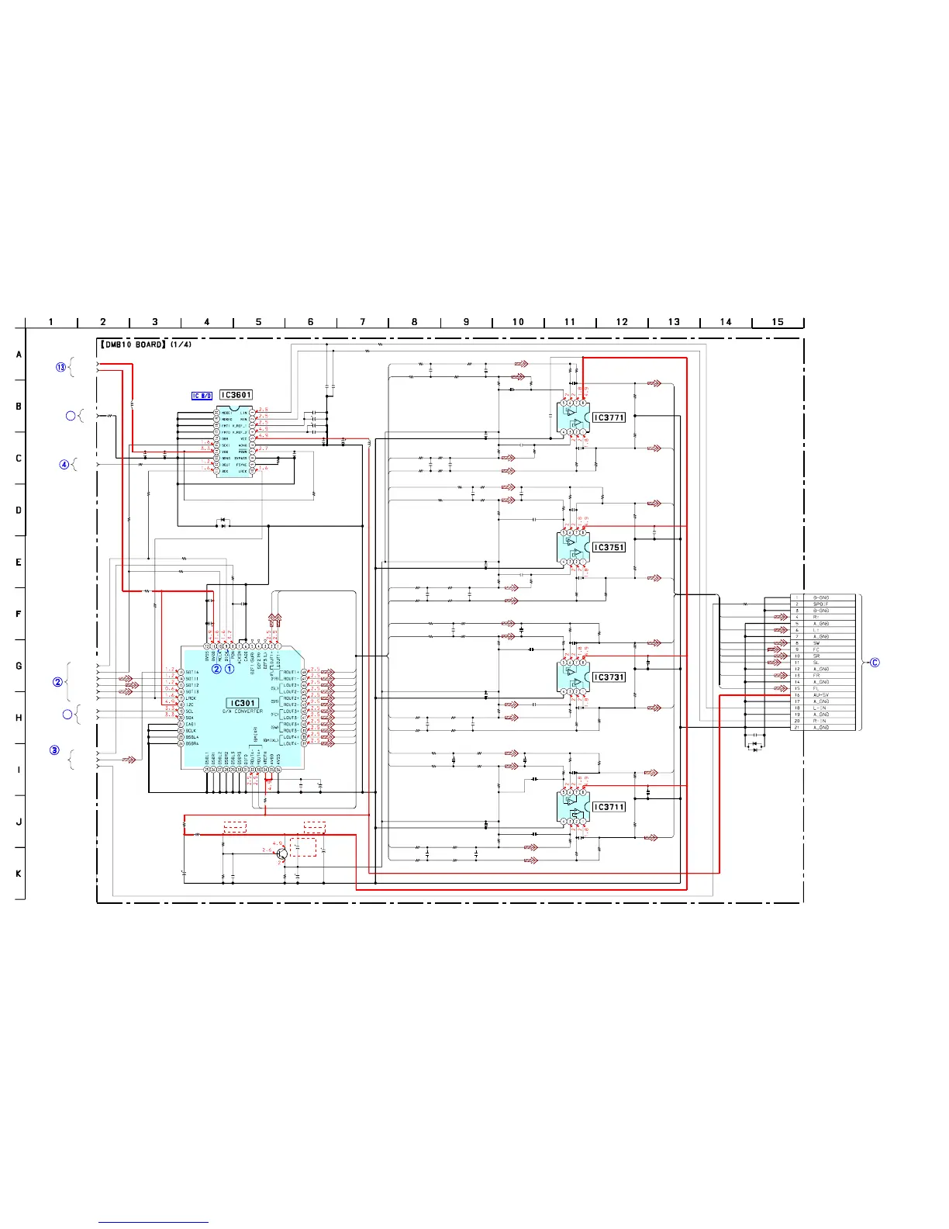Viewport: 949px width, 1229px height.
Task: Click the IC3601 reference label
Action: [x=236, y=395]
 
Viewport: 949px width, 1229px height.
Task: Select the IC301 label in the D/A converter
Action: [x=243, y=703]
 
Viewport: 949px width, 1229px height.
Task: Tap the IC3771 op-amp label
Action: [x=609, y=417]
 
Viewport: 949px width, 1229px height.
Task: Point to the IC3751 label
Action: [x=609, y=547]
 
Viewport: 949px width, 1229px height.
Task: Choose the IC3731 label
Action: [x=609, y=677]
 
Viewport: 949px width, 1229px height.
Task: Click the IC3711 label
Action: [x=609, y=807]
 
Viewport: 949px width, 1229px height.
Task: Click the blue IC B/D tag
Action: [x=202, y=396]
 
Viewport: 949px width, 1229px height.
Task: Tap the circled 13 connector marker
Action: [x=61, y=367]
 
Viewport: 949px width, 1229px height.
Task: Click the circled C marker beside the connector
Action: [x=875, y=663]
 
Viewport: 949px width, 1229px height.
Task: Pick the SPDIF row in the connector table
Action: [x=820, y=604]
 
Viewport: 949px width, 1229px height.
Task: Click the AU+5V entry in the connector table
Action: [x=821, y=695]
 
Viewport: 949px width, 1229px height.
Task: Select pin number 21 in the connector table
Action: [x=797, y=728]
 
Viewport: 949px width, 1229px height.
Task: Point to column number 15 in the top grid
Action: [x=778, y=322]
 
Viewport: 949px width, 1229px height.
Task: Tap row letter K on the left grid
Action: [x=19, y=874]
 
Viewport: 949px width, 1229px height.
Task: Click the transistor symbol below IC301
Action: [x=282, y=853]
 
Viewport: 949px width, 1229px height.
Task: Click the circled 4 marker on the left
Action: [x=65, y=465]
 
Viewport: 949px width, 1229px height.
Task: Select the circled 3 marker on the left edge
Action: [x=55, y=750]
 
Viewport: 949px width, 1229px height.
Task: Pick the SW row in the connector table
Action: [x=816, y=643]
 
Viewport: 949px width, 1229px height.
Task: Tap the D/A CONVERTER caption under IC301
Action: [x=243, y=711]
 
